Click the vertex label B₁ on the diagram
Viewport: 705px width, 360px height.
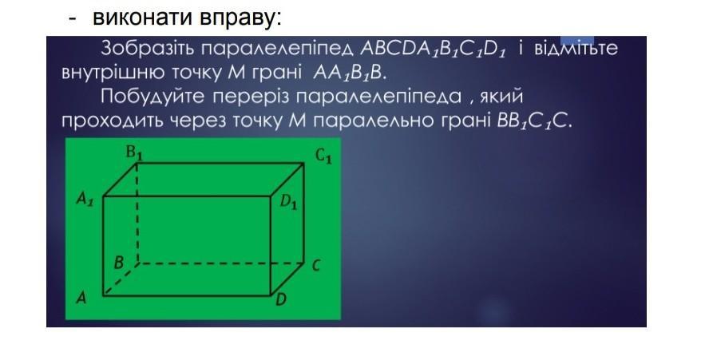[134, 153]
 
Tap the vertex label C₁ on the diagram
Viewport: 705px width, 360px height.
[323, 156]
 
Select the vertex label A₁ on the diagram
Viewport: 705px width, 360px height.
[85, 198]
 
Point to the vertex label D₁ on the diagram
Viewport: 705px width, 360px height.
[289, 202]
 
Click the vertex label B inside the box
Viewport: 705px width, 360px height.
[119, 262]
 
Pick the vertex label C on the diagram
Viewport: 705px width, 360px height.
[316, 266]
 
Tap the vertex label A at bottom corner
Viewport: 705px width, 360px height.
[81, 297]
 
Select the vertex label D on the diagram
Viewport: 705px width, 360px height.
[281, 299]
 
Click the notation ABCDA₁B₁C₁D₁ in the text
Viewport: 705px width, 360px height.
[433, 49]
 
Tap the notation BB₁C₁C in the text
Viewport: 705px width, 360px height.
[535, 121]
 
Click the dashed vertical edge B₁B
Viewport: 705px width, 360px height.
[137, 212]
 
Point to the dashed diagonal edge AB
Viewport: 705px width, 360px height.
[121, 279]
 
